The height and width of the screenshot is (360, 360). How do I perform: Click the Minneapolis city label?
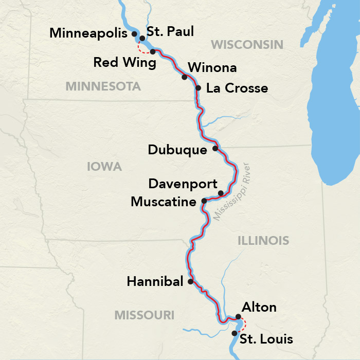pos(88,33)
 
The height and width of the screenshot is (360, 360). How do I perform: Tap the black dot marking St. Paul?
pos(142,38)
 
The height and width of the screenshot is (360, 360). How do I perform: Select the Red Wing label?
pos(124,63)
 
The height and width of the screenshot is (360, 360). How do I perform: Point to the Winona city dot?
pos(184,77)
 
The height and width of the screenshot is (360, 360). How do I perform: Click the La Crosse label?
pos(237,88)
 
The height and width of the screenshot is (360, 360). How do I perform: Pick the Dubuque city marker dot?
pos(215,149)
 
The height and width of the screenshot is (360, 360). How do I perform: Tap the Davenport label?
pos(183,184)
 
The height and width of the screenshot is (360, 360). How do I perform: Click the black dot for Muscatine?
pos(204,201)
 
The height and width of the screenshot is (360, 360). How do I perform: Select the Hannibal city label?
pos(155,282)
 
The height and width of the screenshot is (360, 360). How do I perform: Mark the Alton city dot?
pos(238,317)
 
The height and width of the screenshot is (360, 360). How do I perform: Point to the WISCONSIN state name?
pos(247,45)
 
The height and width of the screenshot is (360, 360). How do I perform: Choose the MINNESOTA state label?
pos(103,86)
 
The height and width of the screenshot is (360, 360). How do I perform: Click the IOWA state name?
pos(104,167)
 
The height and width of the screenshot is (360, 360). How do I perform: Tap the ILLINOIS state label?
pos(263,240)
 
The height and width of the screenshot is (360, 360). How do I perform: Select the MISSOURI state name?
pos(145,315)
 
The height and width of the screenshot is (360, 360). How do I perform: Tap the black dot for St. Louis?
pos(235,333)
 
